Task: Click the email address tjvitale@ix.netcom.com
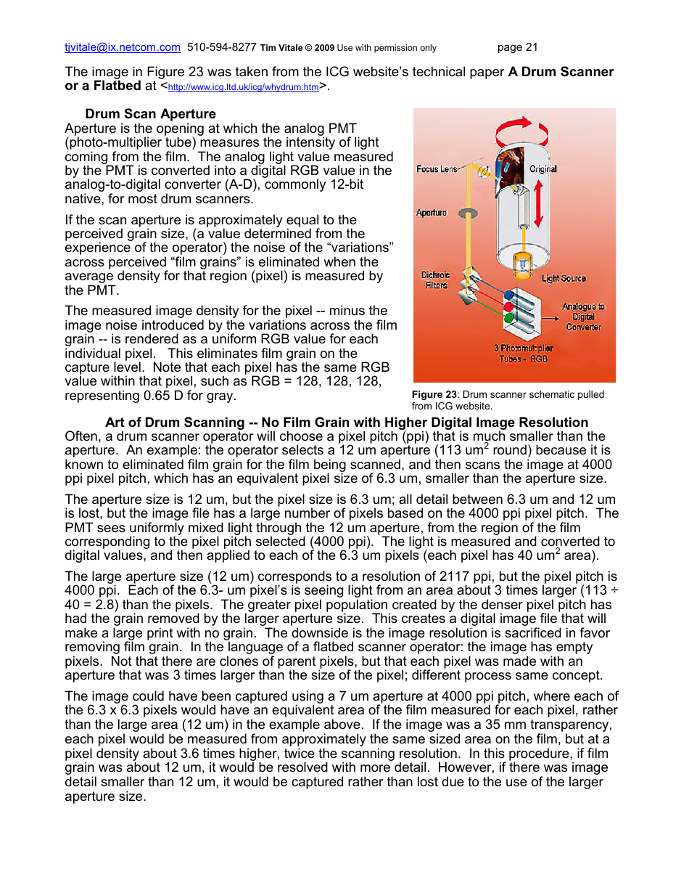[x=122, y=48]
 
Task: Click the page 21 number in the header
[x=517, y=48]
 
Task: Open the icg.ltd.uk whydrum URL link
[x=243, y=88]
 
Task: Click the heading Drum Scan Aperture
[x=150, y=114]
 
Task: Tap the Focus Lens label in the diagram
[x=437, y=169]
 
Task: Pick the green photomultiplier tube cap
[x=508, y=317]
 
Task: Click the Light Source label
[x=564, y=279]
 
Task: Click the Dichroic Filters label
[x=436, y=280]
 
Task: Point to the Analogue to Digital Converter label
[x=583, y=317]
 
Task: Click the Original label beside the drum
[x=542, y=169]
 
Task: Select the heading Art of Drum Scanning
[x=347, y=423]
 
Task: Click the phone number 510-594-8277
[x=221, y=48]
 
